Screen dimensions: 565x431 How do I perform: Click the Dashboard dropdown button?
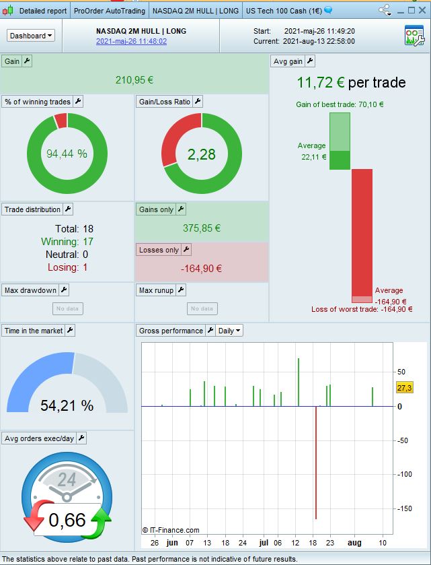pyautogui.click(x=31, y=36)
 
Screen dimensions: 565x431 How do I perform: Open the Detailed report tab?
pyautogui.click(x=42, y=11)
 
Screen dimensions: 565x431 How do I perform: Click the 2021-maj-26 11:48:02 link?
pyautogui.click(x=131, y=42)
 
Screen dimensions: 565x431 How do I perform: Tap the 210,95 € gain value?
pyautogui.click(x=134, y=80)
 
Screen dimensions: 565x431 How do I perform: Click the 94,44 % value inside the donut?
pyautogui.click(x=67, y=154)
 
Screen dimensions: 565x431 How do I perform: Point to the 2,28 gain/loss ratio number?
pyautogui.click(x=202, y=154)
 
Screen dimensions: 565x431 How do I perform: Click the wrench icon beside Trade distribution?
pyautogui.click(x=68, y=209)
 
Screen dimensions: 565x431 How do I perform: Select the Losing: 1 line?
pyautogui.click(x=67, y=267)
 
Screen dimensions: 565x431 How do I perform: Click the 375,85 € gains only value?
pyautogui.click(x=202, y=228)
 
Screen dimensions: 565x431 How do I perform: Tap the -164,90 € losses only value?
pyautogui.click(x=202, y=269)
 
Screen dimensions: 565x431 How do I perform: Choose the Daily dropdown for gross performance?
pyautogui.click(x=230, y=331)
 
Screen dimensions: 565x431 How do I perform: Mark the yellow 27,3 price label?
pyautogui.click(x=405, y=388)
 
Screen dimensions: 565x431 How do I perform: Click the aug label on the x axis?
pyautogui.click(x=354, y=543)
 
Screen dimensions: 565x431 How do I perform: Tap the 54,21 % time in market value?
pyautogui.click(x=67, y=405)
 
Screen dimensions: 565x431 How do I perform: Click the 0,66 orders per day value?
pyautogui.click(x=67, y=520)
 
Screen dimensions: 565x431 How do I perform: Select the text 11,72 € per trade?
pyautogui.click(x=351, y=83)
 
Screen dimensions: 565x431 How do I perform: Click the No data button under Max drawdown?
pyautogui.click(x=67, y=308)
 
